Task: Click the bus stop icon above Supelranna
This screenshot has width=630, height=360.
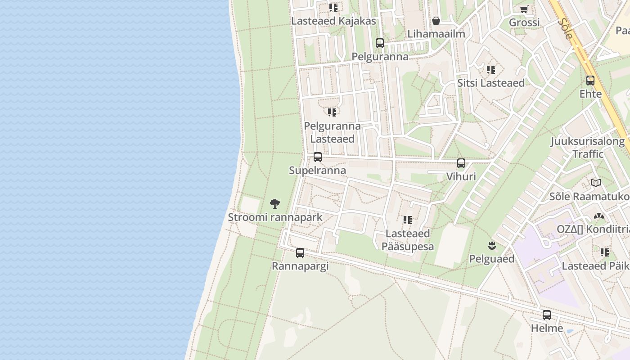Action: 318,157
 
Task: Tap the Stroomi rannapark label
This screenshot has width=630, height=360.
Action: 275,217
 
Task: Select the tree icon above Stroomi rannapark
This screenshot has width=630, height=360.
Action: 275,204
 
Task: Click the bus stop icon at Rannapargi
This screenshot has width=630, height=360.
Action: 300,253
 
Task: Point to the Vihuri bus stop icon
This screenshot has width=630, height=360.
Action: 461,163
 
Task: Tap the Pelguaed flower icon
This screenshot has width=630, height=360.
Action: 492,246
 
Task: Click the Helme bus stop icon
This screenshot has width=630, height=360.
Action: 547,315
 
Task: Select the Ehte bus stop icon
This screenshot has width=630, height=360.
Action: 590,81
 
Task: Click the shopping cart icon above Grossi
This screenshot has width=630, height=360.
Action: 524,9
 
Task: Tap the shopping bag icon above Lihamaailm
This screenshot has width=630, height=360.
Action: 436,20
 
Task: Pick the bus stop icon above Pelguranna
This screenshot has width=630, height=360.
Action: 380,43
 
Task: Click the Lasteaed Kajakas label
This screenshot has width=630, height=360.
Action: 333,21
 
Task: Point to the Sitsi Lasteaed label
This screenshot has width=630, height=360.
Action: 491,83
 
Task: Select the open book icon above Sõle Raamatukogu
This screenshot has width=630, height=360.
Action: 596,183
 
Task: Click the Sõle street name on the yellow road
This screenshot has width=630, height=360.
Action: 564,28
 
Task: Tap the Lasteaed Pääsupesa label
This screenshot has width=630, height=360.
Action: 408,240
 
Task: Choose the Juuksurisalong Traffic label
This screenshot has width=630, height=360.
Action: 588,148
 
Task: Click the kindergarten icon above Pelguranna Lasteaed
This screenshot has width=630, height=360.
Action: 332,112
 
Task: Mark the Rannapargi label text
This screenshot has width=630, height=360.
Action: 300,266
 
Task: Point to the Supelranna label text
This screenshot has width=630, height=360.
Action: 317,171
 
